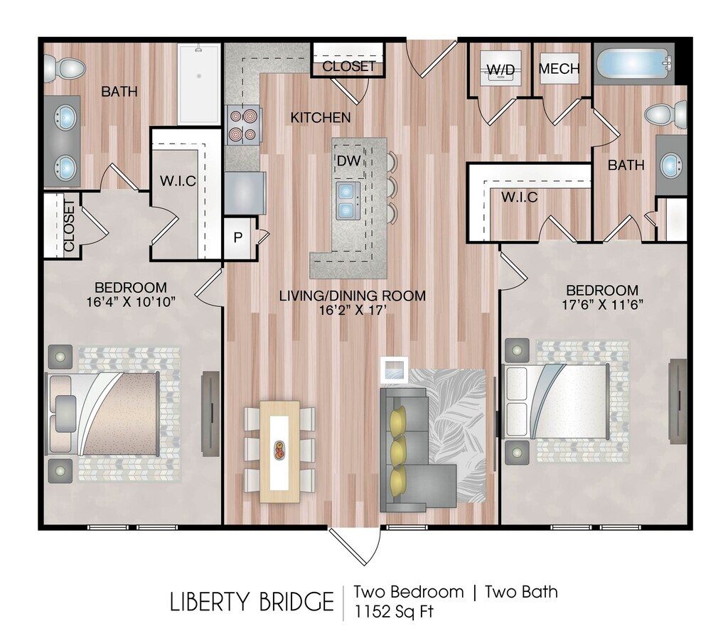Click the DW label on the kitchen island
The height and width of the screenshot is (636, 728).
pyautogui.click(x=348, y=161)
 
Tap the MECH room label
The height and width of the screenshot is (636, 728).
pyautogui.click(x=559, y=69)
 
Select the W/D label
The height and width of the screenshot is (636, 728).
pyautogui.click(x=501, y=70)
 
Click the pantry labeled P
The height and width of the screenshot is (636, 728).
pyautogui.click(x=238, y=237)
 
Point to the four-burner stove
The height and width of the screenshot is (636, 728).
pyautogui.click(x=242, y=125)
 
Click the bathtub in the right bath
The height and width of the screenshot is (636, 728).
pyautogui.click(x=634, y=64)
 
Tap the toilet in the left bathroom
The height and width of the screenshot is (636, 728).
pyautogui.click(x=65, y=68)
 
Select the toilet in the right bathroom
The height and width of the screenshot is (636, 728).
pyautogui.click(x=666, y=114)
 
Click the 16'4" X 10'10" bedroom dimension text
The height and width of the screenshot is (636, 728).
pyautogui.click(x=131, y=302)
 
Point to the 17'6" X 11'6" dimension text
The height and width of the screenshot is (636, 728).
pyautogui.click(x=602, y=305)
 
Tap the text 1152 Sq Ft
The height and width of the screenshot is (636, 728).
pyautogui.click(x=394, y=611)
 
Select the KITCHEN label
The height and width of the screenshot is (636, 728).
pyautogui.click(x=321, y=118)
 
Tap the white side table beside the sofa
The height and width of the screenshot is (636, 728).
pyautogui.click(x=394, y=370)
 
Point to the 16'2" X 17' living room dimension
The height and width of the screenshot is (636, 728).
pyautogui.click(x=353, y=310)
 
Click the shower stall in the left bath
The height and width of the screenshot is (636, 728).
pyautogui.click(x=199, y=84)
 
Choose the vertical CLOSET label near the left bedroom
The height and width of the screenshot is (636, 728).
pyautogui.click(x=69, y=225)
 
